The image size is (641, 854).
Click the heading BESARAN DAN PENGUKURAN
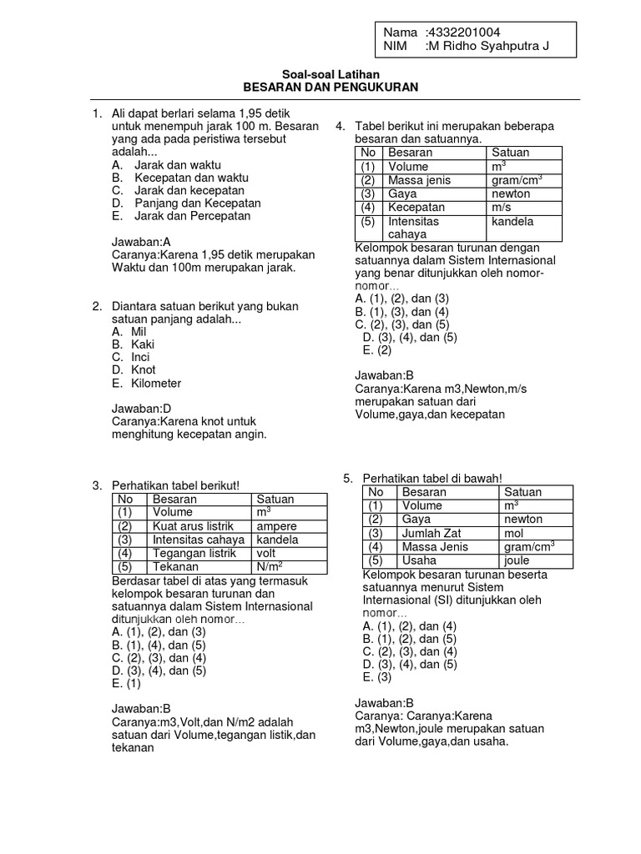point(330,87)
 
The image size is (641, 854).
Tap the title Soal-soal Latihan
point(330,74)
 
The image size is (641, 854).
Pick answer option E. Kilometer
point(146,384)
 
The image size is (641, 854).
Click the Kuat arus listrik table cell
point(192,526)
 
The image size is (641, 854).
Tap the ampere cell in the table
point(278,526)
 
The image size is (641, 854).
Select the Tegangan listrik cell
point(192,553)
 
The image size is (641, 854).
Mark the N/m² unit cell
point(273,567)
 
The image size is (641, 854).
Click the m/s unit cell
point(502,207)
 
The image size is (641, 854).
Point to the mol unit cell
point(513,533)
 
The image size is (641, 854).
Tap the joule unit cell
point(517,560)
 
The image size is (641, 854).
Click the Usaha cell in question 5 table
point(419,560)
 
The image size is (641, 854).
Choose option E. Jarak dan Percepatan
point(181,216)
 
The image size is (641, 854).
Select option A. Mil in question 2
point(129,330)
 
